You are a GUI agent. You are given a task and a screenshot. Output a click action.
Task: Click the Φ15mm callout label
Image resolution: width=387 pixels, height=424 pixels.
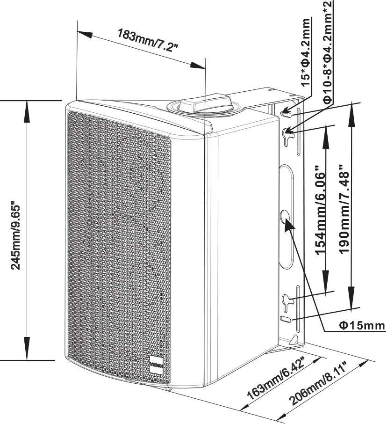(x=362, y=326)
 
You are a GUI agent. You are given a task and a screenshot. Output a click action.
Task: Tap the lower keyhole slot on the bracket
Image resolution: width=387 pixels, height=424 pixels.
(x=287, y=301)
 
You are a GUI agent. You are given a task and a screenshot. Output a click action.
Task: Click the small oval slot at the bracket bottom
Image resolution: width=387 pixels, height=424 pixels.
(x=286, y=319)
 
